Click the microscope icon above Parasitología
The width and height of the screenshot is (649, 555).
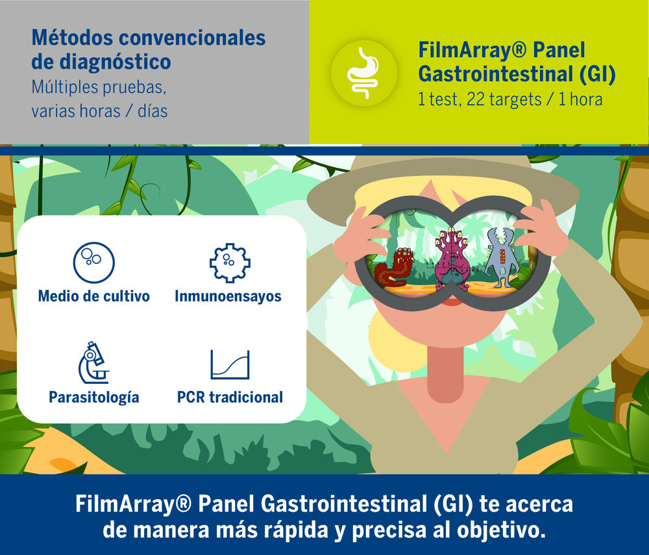point(93,362)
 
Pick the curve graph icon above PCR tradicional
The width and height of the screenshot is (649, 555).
point(230,364)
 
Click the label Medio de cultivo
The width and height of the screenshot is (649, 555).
point(93,296)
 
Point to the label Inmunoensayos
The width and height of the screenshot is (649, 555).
point(228,296)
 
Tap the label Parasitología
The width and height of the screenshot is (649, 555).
point(93,396)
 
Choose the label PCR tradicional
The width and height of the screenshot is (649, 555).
point(230,396)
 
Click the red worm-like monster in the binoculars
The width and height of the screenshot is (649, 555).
point(395,267)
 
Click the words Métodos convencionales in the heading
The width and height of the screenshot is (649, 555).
point(149,38)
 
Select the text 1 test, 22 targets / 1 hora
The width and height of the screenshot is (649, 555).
point(510,100)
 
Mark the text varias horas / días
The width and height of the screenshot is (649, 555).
point(99,111)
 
